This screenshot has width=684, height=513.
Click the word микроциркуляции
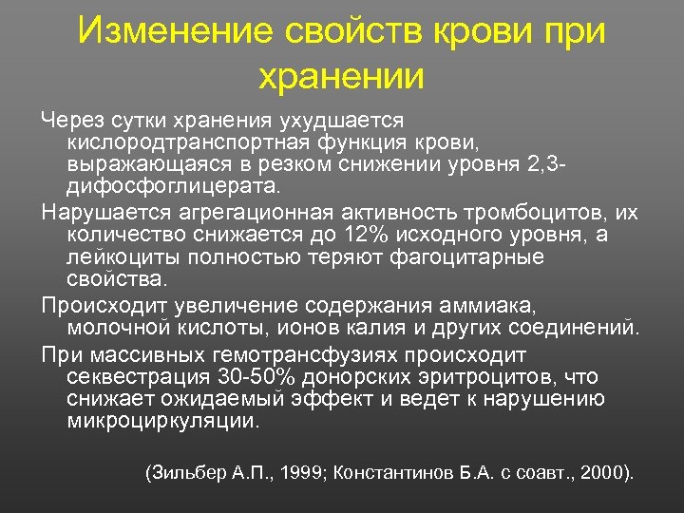[162, 422]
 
